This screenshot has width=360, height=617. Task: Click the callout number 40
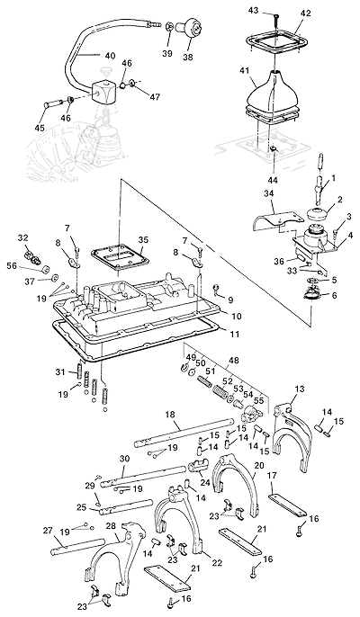pyautogui.click(x=110, y=56)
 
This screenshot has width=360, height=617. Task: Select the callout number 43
pyautogui.click(x=265, y=10)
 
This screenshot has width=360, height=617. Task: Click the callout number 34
pyautogui.click(x=270, y=195)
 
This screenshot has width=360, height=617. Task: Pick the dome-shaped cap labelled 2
pyautogui.click(x=318, y=215)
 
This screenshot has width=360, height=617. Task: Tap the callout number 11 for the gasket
pyautogui.click(x=234, y=335)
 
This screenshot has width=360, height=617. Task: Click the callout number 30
pyautogui.click(x=124, y=459)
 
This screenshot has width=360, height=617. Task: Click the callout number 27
pyautogui.click(x=48, y=531)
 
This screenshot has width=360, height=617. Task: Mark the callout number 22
pyautogui.click(x=217, y=563)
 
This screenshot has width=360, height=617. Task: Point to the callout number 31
pyautogui.click(x=60, y=371)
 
